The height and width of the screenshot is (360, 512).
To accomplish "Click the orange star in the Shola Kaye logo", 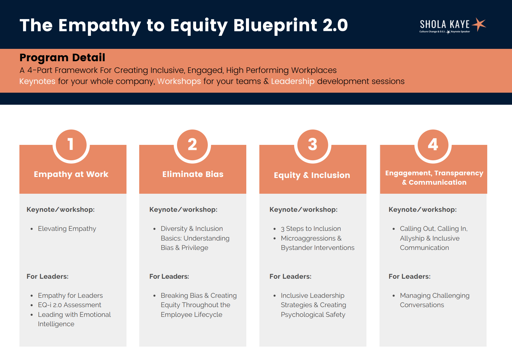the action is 479,24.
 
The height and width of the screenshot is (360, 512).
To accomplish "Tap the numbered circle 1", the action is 71,145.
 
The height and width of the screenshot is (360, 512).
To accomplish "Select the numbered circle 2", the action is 192,145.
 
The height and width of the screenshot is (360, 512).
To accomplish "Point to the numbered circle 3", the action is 313,145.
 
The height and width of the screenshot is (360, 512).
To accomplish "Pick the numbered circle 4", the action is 433,145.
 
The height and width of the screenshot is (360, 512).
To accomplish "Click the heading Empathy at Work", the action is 71,174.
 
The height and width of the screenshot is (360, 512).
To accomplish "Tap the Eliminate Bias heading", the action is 193,174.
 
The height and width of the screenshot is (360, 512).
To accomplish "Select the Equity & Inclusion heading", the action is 312,175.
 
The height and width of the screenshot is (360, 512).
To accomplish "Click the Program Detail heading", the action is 62,58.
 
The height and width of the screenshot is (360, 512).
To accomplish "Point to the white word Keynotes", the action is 37,81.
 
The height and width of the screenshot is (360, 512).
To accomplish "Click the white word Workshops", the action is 179,81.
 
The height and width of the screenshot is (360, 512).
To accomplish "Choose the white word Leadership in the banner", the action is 293,81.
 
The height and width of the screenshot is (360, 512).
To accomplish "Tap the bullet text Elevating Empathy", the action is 67,229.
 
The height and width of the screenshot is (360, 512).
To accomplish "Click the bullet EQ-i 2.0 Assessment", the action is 70,305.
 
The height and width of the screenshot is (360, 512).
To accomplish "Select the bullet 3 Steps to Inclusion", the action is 311,229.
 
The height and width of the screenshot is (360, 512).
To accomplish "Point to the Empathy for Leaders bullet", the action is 70,295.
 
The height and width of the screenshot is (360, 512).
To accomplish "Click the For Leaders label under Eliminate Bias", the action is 169,277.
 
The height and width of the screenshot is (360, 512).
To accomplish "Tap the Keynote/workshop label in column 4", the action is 423,209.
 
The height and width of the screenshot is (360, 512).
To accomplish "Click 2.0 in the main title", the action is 335,25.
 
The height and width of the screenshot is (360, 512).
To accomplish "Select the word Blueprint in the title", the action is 275,26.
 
